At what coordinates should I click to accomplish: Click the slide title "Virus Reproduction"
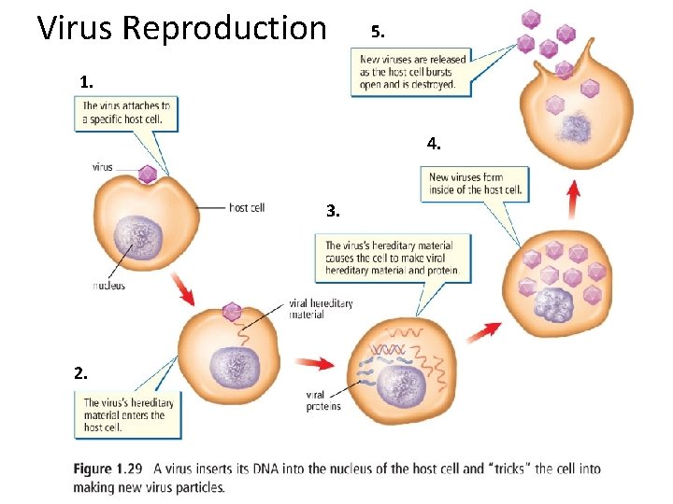(181, 28)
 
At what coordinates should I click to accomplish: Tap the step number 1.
(86, 82)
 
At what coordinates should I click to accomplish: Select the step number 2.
(81, 372)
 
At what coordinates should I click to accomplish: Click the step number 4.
(434, 144)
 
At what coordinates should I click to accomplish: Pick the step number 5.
(376, 32)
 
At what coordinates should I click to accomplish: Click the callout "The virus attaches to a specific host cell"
(126, 113)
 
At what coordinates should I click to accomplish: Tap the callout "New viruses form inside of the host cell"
(475, 183)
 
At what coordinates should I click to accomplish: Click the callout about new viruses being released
(411, 71)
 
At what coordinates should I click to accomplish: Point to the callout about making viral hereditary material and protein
(392, 257)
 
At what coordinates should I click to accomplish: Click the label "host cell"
(247, 207)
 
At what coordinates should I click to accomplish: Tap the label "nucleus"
(108, 286)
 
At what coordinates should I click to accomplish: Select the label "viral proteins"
(322, 400)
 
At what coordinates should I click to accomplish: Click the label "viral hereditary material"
(321, 309)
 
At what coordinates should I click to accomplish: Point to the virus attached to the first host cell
(147, 175)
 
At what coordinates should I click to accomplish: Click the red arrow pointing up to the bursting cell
(572, 199)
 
